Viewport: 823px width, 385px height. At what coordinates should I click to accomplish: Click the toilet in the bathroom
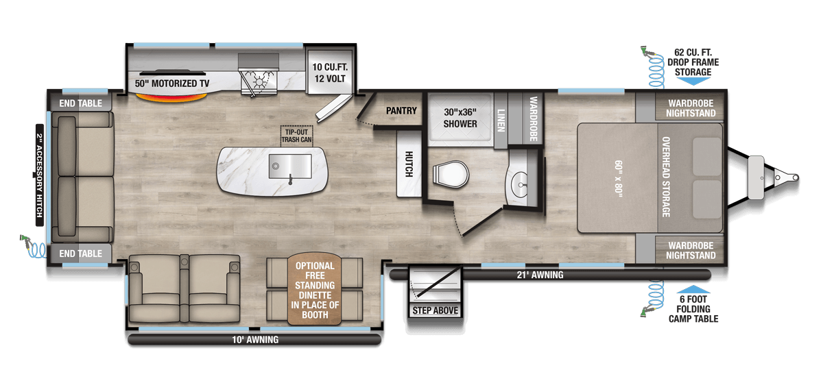tap(451, 174)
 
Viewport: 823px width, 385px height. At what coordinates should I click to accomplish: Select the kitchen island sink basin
tap(290, 166)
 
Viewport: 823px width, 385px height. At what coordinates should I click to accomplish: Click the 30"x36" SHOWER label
tap(460, 118)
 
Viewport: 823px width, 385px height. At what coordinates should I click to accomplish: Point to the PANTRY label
tap(401, 110)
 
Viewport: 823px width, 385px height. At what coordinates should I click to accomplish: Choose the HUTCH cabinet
tap(409, 164)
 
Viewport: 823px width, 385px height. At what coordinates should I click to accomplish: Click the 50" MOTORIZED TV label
tap(172, 84)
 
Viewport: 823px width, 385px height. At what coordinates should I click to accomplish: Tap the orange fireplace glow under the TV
tap(171, 97)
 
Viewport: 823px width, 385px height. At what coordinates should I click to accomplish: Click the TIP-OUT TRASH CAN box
tap(296, 136)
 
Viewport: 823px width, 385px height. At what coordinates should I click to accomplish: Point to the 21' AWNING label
tap(540, 275)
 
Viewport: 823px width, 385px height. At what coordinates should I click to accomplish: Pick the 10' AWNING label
tap(255, 340)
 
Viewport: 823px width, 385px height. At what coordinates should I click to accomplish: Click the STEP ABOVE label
tap(435, 311)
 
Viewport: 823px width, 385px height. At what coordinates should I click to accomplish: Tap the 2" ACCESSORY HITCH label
tap(40, 175)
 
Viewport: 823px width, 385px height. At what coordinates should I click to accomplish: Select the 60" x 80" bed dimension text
tap(619, 179)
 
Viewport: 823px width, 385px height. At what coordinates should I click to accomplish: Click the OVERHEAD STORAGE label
tap(666, 177)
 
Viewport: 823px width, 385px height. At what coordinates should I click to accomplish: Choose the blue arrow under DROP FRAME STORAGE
tap(693, 82)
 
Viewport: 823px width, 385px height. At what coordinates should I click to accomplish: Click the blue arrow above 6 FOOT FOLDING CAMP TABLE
tap(693, 289)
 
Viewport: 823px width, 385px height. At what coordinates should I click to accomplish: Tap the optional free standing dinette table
tap(315, 289)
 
